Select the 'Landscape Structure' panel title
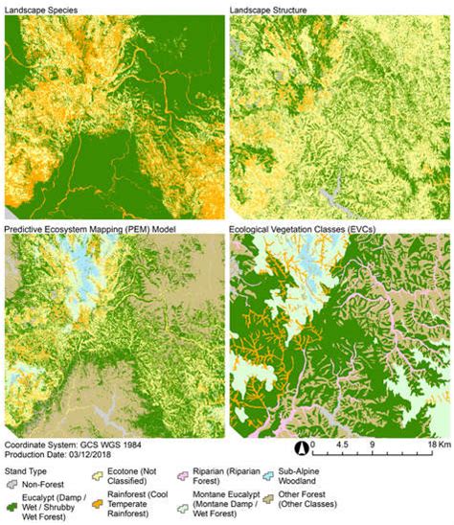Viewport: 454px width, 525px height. (271, 9)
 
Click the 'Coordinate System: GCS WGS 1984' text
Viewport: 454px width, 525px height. (73, 445)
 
